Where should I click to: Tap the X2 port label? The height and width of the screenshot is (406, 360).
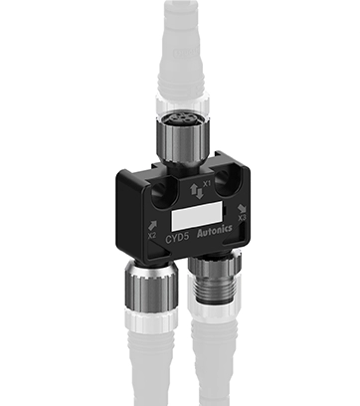151,236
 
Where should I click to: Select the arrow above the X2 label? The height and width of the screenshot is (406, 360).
149,224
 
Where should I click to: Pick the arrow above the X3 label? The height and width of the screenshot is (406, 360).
242,201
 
